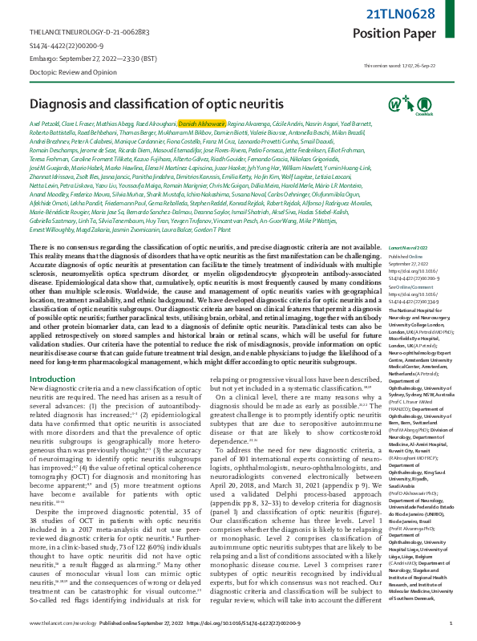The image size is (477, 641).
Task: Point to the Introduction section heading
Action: click(52, 378)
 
